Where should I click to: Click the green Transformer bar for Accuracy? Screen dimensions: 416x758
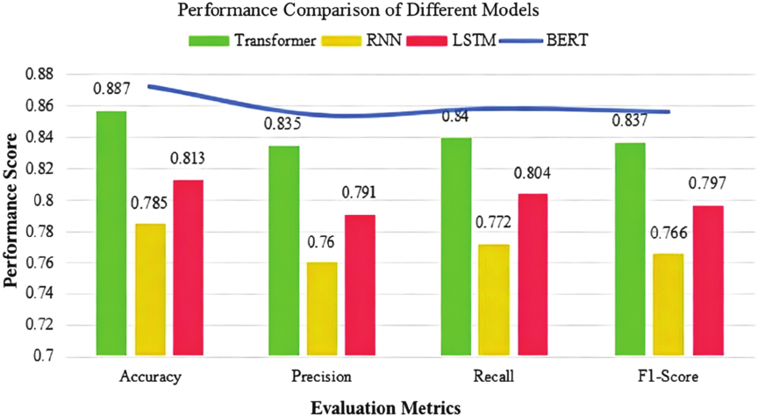[113, 233]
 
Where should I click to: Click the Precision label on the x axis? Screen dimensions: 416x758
[321, 377]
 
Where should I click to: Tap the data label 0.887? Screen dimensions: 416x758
[113, 89]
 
